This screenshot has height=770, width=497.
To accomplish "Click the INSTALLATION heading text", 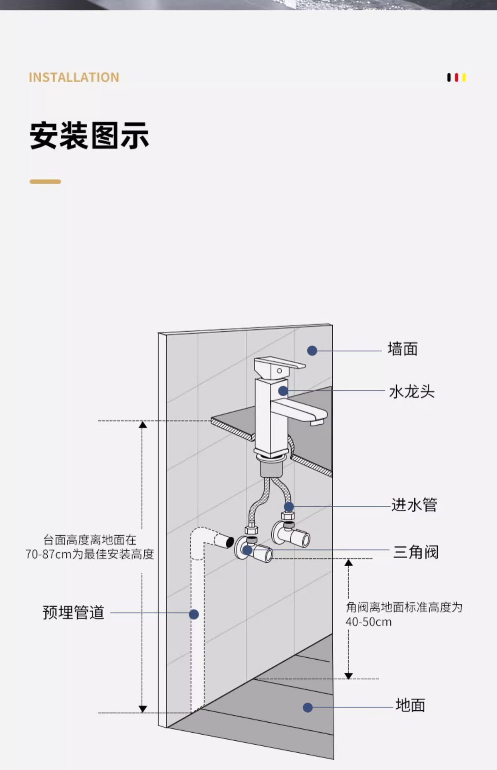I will (74, 77).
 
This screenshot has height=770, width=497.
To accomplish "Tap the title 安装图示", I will (89, 136).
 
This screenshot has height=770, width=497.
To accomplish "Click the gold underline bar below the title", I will (45, 182).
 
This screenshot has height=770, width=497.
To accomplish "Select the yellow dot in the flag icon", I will (464, 77).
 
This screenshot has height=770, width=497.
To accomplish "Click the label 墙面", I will (402, 349).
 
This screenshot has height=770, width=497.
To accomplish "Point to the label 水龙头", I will (412, 391).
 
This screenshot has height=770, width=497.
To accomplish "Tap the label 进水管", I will (414, 505).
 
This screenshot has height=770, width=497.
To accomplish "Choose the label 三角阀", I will (416, 552).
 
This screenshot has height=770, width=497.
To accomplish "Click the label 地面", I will (410, 705).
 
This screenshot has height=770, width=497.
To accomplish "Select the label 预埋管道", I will (73, 613).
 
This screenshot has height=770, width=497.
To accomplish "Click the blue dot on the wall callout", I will (312, 351).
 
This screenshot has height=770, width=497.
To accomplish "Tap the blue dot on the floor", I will (307, 707).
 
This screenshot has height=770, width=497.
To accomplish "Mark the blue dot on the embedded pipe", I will (194, 614).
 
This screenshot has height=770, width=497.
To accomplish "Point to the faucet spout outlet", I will (317, 421).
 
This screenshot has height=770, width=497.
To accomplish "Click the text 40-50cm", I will (368, 622).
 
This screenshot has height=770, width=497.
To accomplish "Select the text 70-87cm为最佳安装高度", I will (89, 554).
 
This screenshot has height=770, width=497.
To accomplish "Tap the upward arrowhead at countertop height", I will (143, 424).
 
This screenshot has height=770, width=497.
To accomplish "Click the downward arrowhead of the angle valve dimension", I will (348, 676).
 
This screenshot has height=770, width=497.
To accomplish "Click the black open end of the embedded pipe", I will (230, 542).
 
